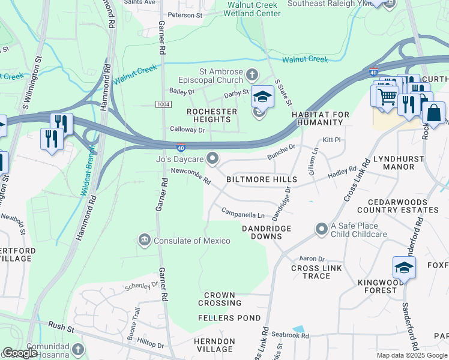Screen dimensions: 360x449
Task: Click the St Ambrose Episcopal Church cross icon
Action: coord(252,75)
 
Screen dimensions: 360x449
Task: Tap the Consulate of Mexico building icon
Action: coord(144,241)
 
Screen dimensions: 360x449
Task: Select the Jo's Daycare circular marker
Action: coord(212,158)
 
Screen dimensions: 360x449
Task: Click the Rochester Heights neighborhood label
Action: coord(212,112)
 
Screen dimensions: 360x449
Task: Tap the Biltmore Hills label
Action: coord(261,179)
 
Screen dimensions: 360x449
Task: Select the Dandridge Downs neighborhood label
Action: coord(267,232)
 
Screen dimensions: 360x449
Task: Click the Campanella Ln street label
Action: coord(243,213)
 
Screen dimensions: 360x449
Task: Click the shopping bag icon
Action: coord(433,112)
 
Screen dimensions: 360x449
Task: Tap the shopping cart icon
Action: coord(387,96)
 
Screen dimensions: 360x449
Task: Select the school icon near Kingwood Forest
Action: coord(404,267)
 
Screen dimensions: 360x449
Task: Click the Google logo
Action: coord(20,353)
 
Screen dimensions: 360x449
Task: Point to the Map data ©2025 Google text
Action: coord(412,355)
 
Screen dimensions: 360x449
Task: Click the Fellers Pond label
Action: coord(232,318)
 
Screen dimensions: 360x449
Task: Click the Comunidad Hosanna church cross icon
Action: coord(77,349)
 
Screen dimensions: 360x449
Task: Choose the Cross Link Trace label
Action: coord(311,272)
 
